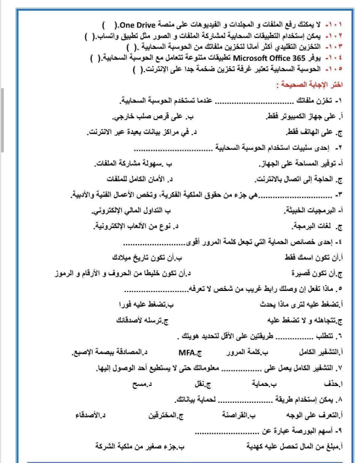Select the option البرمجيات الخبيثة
click(x=312, y=210)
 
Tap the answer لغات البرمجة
click(x=317, y=225)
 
